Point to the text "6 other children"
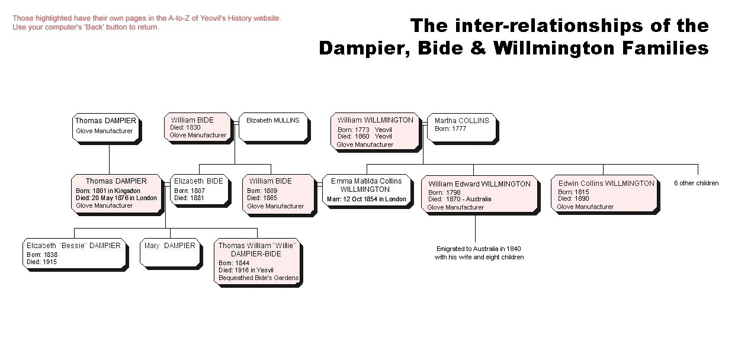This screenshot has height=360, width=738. pyautogui.click(x=696, y=183)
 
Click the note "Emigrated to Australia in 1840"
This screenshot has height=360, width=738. pyautogui.click(x=479, y=249)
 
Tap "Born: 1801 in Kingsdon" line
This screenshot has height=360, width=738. pyautogui.click(x=108, y=191)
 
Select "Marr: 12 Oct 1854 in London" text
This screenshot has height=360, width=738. pyautogui.click(x=367, y=199)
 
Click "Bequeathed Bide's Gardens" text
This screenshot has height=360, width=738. pyautogui.click(x=259, y=278)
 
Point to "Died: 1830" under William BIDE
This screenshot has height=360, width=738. pyautogui.click(x=185, y=127)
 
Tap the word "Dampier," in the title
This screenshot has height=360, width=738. pyautogui.click(x=364, y=49)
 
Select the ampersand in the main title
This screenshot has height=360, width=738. pyautogui.click(x=478, y=48)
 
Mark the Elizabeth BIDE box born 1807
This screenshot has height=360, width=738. pyautogui.click(x=200, y=189)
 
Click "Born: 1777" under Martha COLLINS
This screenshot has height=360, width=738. pyautogui.click(x=450, y=129)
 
